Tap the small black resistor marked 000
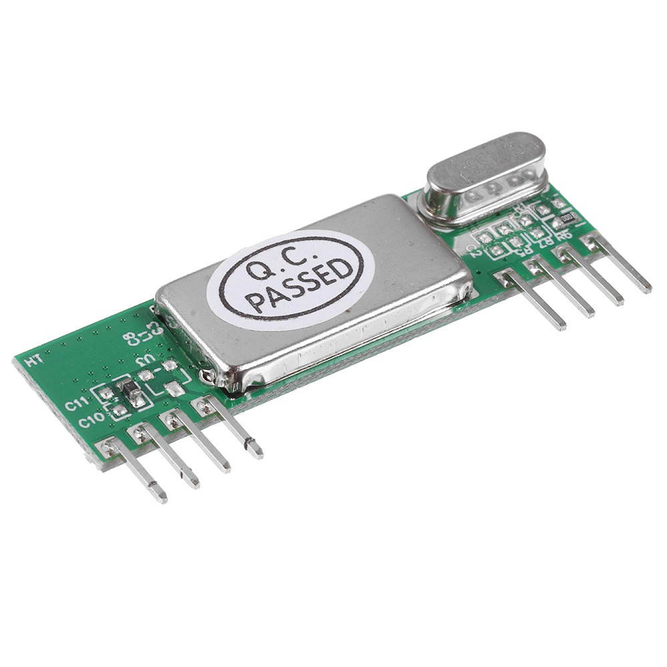(x=567, y=217)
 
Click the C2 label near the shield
(x=474, y=250)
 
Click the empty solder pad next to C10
(x=118, y=410)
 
